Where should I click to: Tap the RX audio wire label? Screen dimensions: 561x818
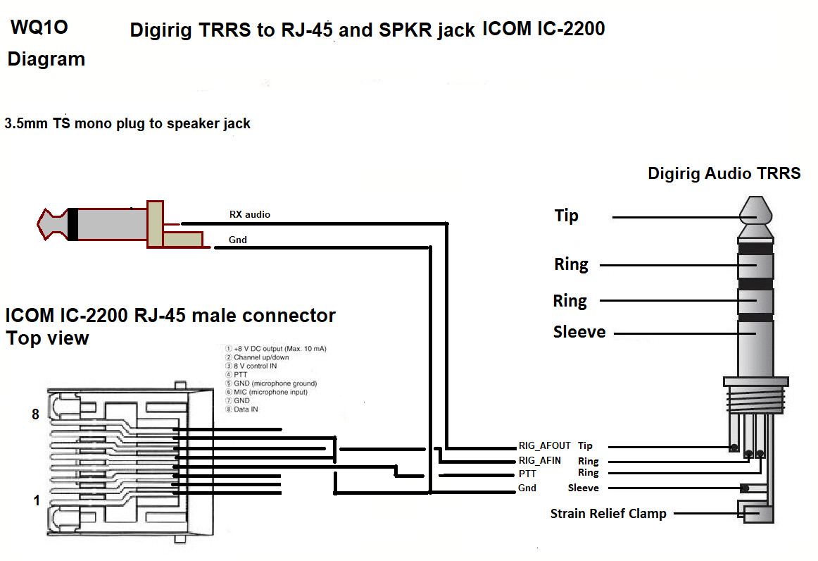(x=249, y=214)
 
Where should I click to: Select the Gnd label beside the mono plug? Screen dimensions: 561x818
(x=238, y=240)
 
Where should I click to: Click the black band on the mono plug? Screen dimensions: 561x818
(x=73, y=224)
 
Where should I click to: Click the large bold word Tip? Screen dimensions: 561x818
(x=567, y=216)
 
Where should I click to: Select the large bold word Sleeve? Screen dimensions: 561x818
(x=579, y=332)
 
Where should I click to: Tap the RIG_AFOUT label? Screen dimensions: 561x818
(x=544, y=446)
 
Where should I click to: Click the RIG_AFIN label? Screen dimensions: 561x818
(x=539, y=461)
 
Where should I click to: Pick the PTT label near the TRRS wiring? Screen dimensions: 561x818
(x=527, y=474)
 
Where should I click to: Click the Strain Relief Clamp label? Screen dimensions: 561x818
(x=608, y=514)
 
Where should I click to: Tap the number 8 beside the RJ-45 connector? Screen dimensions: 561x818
(x=35, y=414)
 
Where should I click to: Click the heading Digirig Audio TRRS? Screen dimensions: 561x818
(x=724, y=173)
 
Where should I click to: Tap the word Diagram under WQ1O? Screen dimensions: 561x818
(x=46, y=59)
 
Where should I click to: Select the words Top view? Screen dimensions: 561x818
(x=48, y=338)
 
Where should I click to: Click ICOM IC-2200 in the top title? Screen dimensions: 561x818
(x=543, y=29)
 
